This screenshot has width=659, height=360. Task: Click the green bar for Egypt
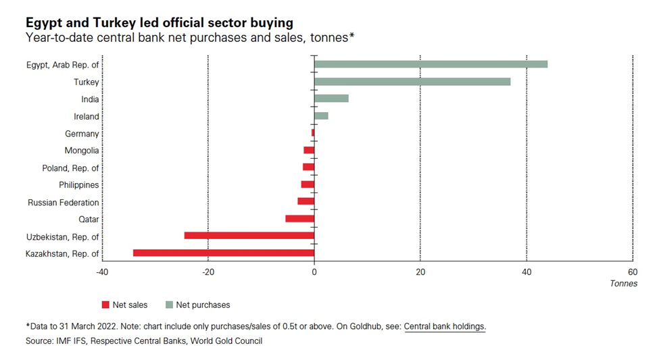pyautogui.click(x=431, y=64)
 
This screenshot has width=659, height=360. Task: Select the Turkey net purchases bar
pyautogui.click(x=412, y=82)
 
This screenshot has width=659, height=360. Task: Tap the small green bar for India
pyautogui.click(x=331, y=99)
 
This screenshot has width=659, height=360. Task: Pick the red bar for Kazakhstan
pyautogui.click(x=224, y=253)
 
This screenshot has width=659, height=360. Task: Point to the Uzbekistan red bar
pyautogui.click(x=249, y=236)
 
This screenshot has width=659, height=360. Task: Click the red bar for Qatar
pyautogui.click(x=300, y=219)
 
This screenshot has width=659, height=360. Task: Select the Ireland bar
pyautogui.click(x=321, y=116)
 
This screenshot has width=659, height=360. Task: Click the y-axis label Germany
pyautogui.click(x=82, y=134)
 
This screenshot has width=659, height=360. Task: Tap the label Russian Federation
pyautogui.click(x=64, y=202)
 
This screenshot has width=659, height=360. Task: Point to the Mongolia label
pyautogui.click(x=82, y=151)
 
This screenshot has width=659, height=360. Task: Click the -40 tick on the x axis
pyautogui.click(x=102, y=272)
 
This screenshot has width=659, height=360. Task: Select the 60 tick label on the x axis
pyautogui.click(x=632, y=272)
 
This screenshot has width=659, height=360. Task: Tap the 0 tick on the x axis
pyautogui.click(x=314, y=272)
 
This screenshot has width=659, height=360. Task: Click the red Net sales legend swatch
pyautogui.click(x=105, y=305)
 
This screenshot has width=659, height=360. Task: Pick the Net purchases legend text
pyautogui.click(x=203, y=305)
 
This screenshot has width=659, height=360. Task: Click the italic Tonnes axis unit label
pyautogui.click(x=623, y=284)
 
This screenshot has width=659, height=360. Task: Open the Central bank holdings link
pyautogui.click(x=445, y=326)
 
